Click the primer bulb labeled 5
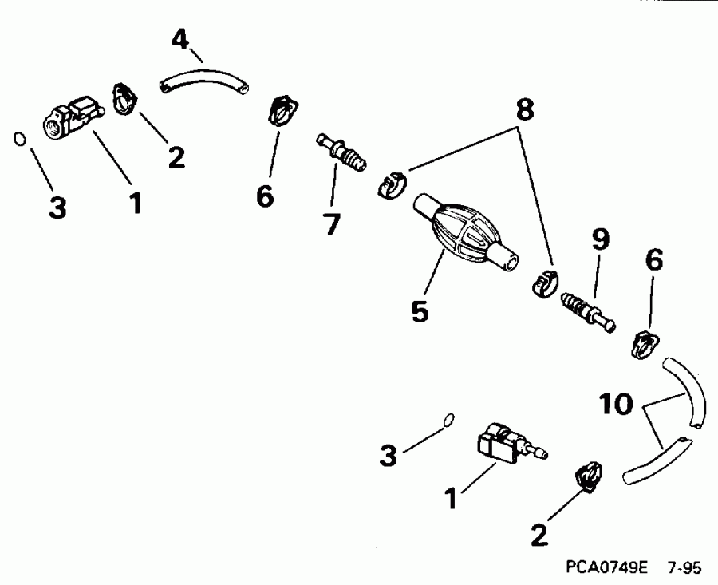(x=463, y=234)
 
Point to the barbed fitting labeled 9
(x=589, y=312)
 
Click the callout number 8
(x=524, y=111)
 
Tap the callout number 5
(x=420, y=310)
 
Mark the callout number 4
(x=181, y=38)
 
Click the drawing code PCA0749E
(x=604, y=569)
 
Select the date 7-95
(x=684, y=569)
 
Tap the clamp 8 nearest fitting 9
(x=545, y=283)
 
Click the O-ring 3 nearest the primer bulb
(x=449, y=419)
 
